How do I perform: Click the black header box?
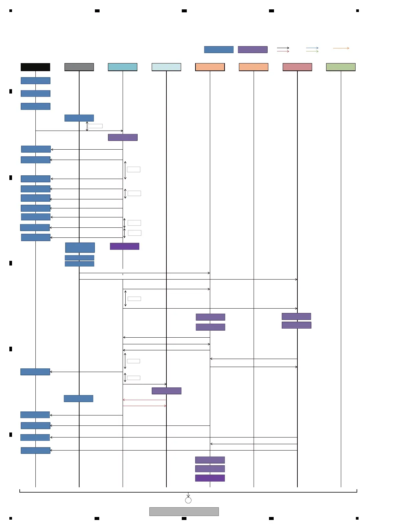point(35,67)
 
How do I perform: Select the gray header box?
point(79,67)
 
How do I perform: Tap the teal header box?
point(123,67)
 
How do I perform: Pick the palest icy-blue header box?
point(166,67)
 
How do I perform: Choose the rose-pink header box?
point(297,67)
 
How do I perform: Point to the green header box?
point(340,67)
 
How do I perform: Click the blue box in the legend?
point(219,49)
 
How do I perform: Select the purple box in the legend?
point(253,49)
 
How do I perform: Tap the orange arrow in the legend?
point(341,48)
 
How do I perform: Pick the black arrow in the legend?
point(283,48)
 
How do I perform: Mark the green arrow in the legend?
point(312,51)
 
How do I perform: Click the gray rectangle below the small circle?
point(184,512)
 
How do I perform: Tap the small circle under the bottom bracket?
point(188,500)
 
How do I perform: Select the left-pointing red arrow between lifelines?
point(144,400)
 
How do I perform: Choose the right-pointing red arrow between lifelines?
point(144,406)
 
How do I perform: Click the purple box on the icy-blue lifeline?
point(166,391)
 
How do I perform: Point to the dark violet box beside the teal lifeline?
point(125,246)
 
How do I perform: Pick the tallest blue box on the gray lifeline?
point(80,247)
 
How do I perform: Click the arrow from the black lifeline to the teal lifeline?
point(79,131)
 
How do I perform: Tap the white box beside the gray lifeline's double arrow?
point(95,126)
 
